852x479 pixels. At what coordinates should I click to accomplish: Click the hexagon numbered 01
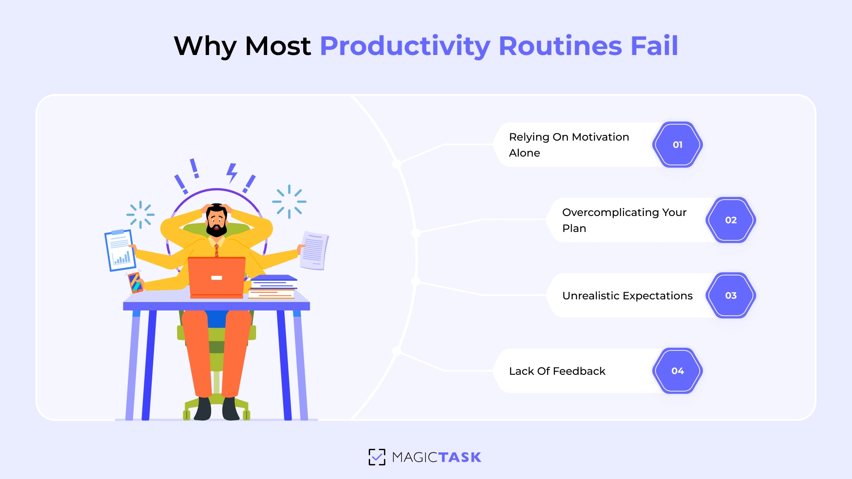pos(677,145)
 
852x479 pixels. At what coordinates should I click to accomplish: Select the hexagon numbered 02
pos(730,220)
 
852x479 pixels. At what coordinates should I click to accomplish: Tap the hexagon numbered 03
pos(730,295)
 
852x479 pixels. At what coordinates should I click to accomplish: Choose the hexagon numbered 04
pos(677,371)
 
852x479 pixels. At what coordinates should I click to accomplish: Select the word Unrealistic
pos(590,296)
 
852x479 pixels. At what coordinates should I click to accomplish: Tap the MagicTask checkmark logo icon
pos(377,457)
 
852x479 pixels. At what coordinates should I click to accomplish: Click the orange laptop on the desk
pos(217,277)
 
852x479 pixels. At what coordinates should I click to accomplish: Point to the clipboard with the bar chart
pos(120,250)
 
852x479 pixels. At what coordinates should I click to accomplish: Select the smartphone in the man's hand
pos(135,282)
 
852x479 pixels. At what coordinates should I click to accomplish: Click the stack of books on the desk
pos(272,287)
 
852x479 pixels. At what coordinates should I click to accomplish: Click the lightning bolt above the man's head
pos(232,173)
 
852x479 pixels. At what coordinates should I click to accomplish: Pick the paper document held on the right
pos(314,251)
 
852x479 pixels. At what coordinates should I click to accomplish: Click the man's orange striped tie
pos(217,250)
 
